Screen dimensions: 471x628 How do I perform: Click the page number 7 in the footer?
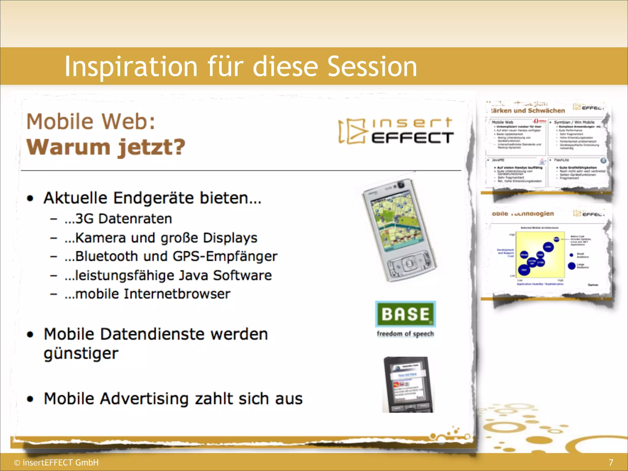click(611, 462)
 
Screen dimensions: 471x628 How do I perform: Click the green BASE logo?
click(405, 314)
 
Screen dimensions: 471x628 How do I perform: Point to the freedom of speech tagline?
click(405, 334)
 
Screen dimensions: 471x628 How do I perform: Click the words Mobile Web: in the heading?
click(91, 121)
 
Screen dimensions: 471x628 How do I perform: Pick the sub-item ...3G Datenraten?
click(118, 219)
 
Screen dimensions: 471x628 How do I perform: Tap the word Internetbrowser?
click(177, 294)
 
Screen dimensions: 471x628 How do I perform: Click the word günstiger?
click(81, 354)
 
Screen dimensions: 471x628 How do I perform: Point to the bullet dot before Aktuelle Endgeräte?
click(30, 198)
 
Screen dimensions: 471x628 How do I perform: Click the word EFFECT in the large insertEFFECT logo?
click(412, 138)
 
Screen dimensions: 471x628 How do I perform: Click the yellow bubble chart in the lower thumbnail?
click(540, 255)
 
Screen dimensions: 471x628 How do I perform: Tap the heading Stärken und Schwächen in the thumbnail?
click(527, 111)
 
